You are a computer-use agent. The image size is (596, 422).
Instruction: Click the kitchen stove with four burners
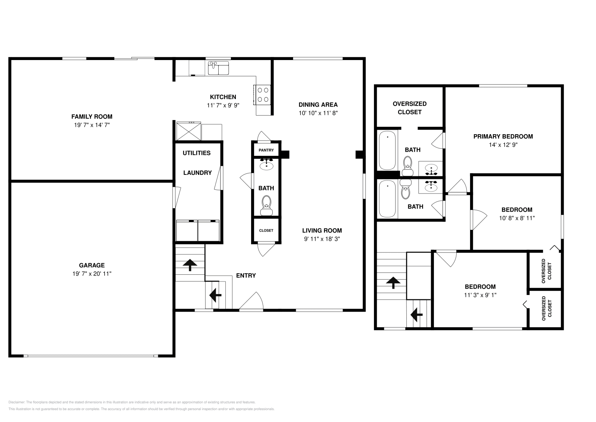[262, 94]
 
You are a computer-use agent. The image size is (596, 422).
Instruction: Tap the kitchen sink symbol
[218, 68]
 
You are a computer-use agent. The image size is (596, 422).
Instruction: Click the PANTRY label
[266, 150]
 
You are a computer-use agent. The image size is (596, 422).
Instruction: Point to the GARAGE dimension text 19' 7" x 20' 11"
[92, 274]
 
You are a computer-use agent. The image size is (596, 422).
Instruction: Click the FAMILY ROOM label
[92, 117]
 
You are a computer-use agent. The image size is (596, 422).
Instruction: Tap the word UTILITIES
[196, 153]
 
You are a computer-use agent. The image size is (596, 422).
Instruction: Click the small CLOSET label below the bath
[266, 231]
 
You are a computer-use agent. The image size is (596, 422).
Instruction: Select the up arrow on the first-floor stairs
[190, 264]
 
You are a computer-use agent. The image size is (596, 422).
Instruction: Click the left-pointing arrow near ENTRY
[215, 295]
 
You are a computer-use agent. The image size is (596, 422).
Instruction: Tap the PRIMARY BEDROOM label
[503, 136]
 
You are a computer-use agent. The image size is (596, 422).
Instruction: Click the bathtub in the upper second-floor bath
[387, 150]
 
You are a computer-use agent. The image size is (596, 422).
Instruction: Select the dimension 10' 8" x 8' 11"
[517, 218]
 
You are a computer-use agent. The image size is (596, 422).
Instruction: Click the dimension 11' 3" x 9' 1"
[480, 295]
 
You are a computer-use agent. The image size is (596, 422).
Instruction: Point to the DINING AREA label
[318, 105]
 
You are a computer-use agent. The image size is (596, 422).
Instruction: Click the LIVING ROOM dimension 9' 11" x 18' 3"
[322, 239]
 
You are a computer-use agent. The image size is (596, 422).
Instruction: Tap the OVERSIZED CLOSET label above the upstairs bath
[409, 108]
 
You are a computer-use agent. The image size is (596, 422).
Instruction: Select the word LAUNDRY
[197, 173]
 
